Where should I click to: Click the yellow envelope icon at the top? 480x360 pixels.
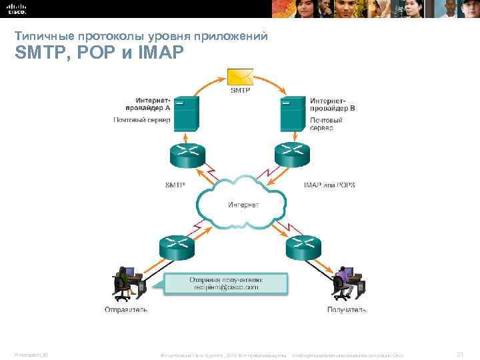(239, 77)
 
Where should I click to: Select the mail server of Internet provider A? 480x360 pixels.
(187, 114)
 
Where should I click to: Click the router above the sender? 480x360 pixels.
(176, 249)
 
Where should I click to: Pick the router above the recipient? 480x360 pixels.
(303, 249)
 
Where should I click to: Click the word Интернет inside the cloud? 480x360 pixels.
(242, 205)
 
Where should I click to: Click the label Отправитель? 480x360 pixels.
(126, 309)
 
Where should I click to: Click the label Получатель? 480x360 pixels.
(347, 309)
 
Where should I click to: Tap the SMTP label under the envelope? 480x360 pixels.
(240, 90)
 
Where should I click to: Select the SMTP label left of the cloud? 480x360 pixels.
(175, 185)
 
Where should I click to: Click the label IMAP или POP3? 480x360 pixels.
(329, 185)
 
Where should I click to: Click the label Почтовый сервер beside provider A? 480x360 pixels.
(141, 120)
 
